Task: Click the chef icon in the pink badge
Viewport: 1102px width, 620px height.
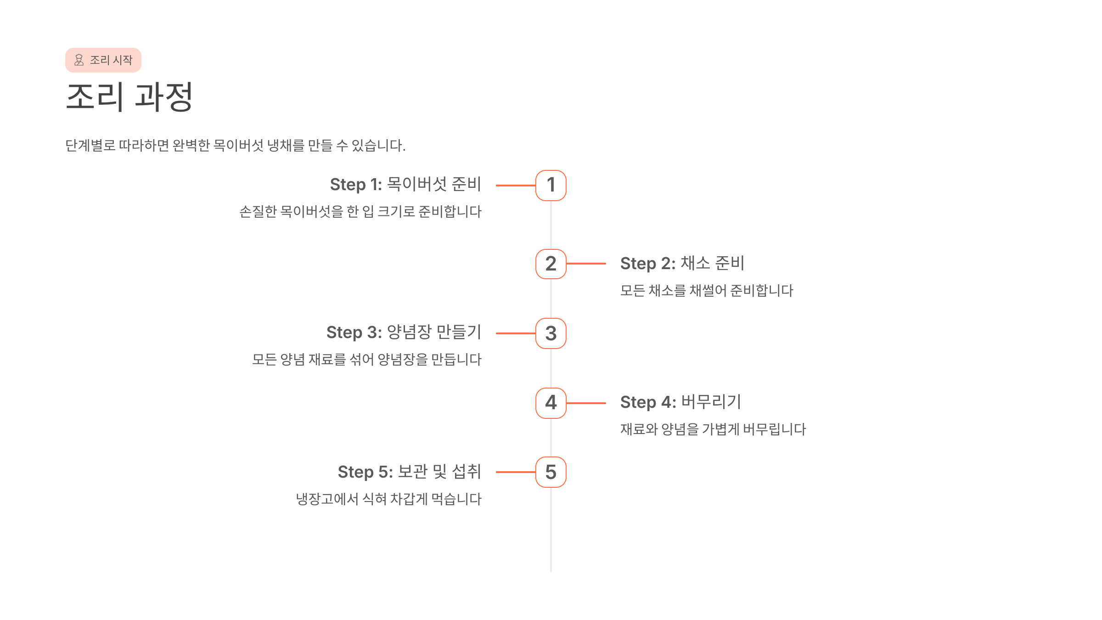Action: coord(79,60)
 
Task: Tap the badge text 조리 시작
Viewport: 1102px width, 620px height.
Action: coord(111,60)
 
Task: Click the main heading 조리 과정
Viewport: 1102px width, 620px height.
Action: coord(129,97)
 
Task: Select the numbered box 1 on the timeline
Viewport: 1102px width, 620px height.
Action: coord(551,186)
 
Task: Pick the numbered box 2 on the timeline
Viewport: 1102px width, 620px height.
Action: coord(551,264)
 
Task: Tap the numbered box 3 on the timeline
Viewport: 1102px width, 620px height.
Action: coord(551,333)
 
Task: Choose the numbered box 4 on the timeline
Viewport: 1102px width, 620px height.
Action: coord(551,403)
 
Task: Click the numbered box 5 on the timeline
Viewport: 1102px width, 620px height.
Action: coord(551,472)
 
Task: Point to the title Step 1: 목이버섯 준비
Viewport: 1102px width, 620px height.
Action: coord(405,185)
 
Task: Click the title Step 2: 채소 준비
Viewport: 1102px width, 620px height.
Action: coord(682,264)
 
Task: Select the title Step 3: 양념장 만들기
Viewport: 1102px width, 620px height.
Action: coord(404,333)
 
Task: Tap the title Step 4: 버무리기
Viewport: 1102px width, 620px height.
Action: coord(680,402)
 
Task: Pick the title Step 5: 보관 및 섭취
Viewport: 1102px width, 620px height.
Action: coord(409,472)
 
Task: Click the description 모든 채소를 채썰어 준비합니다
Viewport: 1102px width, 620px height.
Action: coord(707,291)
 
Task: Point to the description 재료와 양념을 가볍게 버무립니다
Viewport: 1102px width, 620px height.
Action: coord(713,429)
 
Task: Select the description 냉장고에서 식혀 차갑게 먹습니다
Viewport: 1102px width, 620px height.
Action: coord(388,499)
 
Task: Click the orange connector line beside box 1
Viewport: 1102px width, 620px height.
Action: coord(516,186)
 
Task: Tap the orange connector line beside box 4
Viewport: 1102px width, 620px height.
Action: coord(586,403)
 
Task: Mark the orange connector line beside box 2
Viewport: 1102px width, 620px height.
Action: coord(586,264)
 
